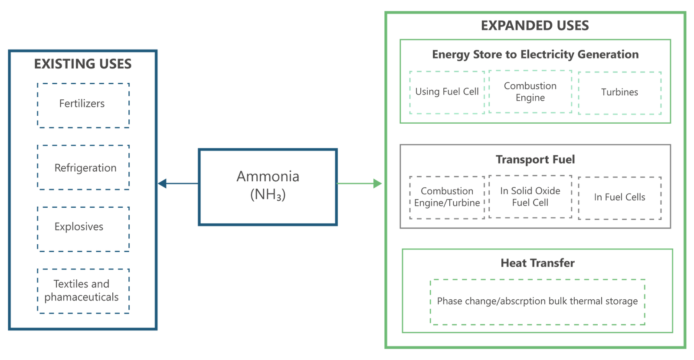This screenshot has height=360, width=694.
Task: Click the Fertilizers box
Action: pyautogui.click(x=83, y=105)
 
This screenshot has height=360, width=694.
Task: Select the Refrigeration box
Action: pyautogui.click(x=83, y=167)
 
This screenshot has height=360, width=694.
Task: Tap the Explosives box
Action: pyautogui.click(x=83, y=229)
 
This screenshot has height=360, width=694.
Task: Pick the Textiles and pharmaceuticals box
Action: pyautogui.click(x=83, y=291)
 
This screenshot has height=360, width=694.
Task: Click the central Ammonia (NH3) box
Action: pyautogui.click(x=267, y=187)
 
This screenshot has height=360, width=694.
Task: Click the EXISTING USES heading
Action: pyautogui.click(x=83, y=64)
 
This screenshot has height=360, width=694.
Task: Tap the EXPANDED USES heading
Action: pyautogui.click(x=534, y=26)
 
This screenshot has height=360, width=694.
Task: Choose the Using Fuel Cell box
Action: pyautogui.click(x=447, y=92)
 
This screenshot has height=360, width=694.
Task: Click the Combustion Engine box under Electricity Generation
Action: pyautogui.click(x=530, y=92)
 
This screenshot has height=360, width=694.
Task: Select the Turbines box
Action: pyautogui.click(x=619, y=92)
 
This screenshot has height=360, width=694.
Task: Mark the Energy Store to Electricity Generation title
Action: pyautogui.click(x=535, y=55)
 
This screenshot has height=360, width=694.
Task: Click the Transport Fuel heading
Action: pyautogui.click(x=535, y=160)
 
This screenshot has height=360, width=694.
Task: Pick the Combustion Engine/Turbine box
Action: pyautogui.click(x=447, y=197)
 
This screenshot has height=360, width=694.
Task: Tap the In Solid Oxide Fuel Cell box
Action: pyautogui.click(x=530, y=196)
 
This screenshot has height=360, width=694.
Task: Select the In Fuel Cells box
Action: pyautogui.click(x=619, y=197)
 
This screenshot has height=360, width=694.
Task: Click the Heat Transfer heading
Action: pyautogui.click(x=537, y=263)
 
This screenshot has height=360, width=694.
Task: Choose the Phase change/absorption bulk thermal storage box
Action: pyautogui.click(x=537, y=301)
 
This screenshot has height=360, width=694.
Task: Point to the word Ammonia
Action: pyautogui.click(x=268, y=177)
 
